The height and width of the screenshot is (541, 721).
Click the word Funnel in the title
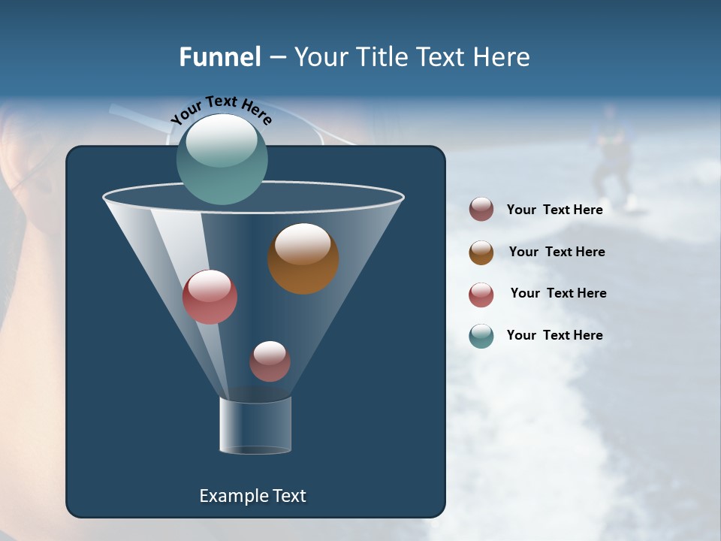(x=219, y=57)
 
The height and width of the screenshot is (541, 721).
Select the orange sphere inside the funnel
(x=303, y=259)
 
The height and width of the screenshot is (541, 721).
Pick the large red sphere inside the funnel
(x=210, y=298)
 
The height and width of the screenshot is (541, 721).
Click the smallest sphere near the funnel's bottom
(x=270, y=361)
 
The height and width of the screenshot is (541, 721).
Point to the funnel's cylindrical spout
(x=255, y=425)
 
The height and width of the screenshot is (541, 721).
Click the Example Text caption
(x=252, y=496)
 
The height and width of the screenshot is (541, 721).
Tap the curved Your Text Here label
(x=221, y=109)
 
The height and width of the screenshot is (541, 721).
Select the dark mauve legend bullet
(x=481, y=210)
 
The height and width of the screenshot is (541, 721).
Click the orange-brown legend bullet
(x=481, y=252)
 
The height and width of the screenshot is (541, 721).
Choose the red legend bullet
(x=481, y=295)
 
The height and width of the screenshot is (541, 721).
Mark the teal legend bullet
(x=481, y=336)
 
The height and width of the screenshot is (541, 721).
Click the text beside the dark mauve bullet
(x=554, y=210)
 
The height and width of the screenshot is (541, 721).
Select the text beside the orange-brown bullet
(x=557, y=252)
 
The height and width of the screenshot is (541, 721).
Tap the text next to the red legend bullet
(x=558, y=293)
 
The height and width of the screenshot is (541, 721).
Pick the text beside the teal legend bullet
(x=554, y=335)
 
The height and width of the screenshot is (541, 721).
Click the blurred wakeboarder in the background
(x=612, y=158)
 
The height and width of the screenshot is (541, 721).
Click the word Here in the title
(x=502, y=57)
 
